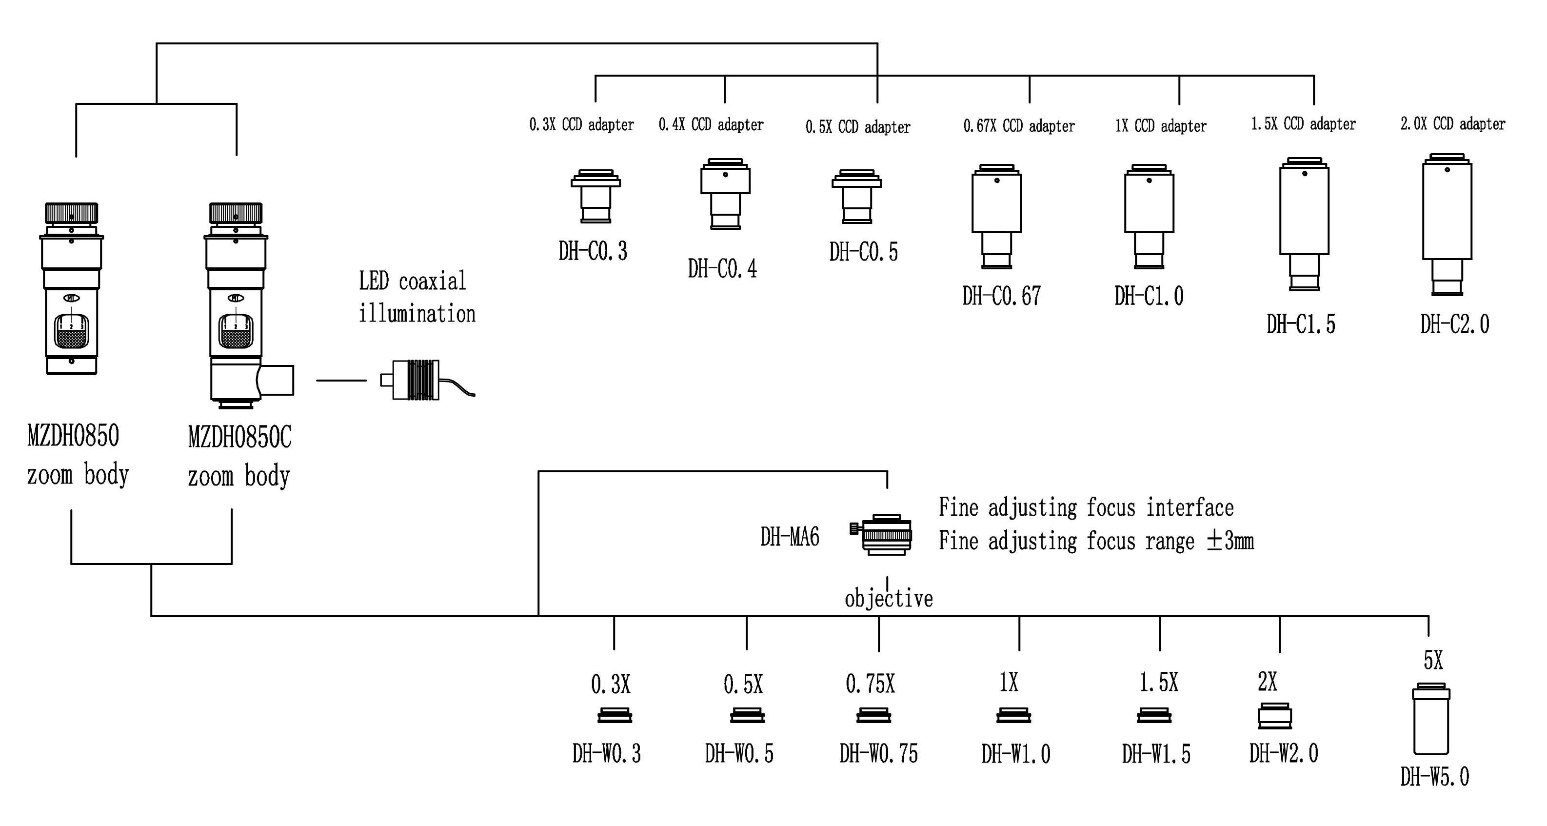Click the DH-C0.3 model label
tap(593, 251)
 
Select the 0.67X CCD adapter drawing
tap(996, 216)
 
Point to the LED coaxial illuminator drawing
tap(415, 380)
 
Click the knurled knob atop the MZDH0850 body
tap(72, 213)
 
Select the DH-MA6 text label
tap(790, 537)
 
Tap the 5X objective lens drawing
tap(1430, 719)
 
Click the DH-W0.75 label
tap(878, 753)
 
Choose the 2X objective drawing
tap(1274, 715)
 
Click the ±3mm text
tap(1230, 541)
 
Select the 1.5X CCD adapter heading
tap(1303, 124)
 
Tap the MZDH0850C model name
tap(239, 437)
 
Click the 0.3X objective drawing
tap(615, 715)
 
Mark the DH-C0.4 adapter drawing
tap(725, 193)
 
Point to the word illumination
tap(417, 314)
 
